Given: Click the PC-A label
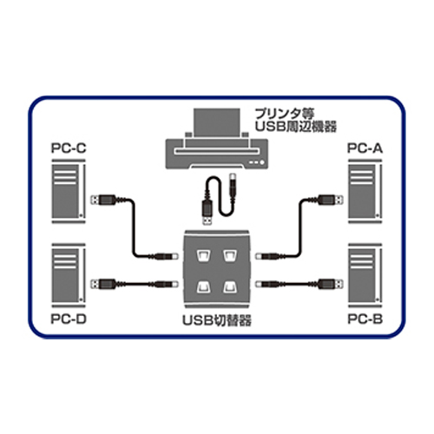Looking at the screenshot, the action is point(365,148).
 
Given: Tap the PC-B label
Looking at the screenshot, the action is point(365,319).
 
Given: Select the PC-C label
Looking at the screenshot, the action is point(69,148).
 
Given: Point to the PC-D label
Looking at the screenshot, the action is point(69,319).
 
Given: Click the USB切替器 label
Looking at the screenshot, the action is point(217,320).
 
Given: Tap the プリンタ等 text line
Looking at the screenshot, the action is point(284,114).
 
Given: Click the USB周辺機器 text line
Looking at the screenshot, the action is point(295,127).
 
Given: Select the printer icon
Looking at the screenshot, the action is point(217,139).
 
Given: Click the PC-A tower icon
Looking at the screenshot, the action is point(365,191).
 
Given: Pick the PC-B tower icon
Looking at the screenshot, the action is point(365,275).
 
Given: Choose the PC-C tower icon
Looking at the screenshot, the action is point(69,191).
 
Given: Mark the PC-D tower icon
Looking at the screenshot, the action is point(69,275).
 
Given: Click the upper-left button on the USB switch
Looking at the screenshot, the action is point(203,255).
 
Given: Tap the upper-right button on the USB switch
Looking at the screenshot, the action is point(230,255).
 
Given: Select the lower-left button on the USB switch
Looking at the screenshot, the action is point(203,286).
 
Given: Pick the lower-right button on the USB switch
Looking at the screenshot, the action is point(230,286).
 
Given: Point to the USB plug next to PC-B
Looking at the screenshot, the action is point(331,284).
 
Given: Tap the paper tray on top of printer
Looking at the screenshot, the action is point(217,122).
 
